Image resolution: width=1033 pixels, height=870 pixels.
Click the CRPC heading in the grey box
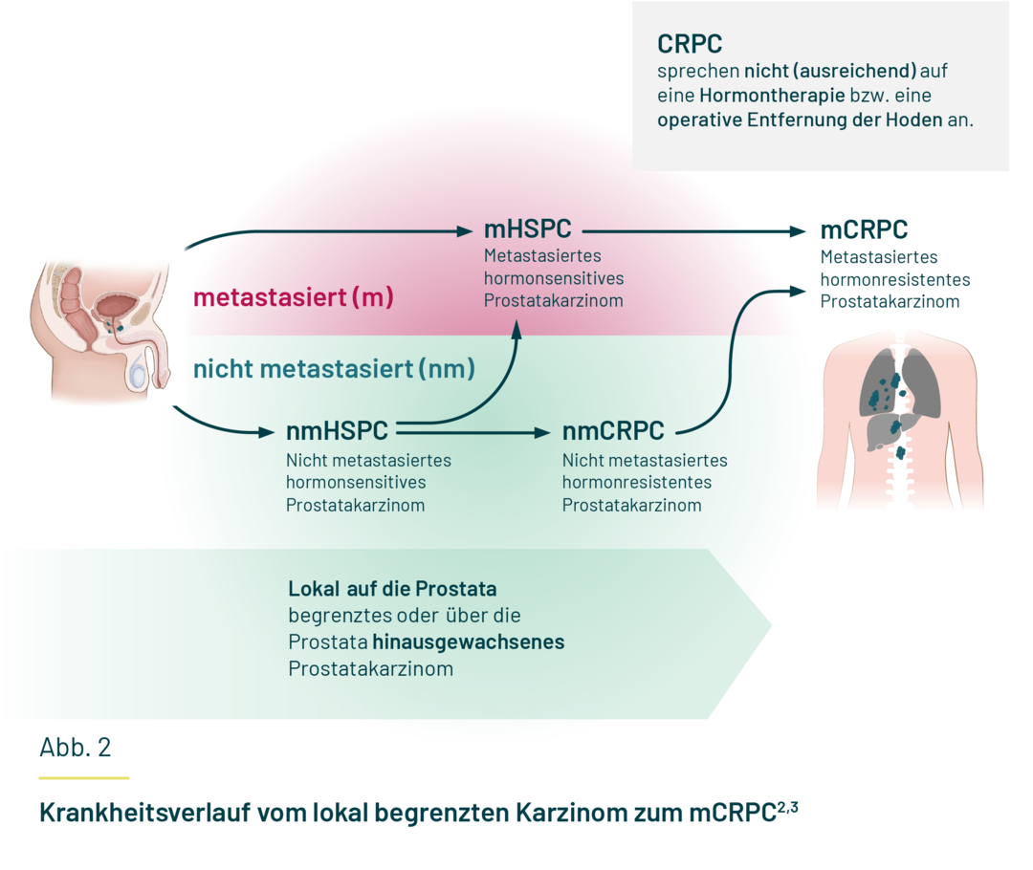click(690, 44)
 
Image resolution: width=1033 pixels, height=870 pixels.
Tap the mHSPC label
click(527, 230)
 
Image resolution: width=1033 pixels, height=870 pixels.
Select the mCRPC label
click(864, 230)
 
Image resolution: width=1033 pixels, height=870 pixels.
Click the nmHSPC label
click(337, 432)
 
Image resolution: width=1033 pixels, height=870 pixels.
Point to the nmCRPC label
click(613, 432)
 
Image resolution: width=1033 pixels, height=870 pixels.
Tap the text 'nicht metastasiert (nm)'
click(334, 369)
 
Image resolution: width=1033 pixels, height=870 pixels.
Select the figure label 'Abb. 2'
click(81, 747)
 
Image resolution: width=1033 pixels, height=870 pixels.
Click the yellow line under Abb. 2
click(84, 777)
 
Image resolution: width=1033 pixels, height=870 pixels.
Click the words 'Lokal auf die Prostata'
click(392, 588)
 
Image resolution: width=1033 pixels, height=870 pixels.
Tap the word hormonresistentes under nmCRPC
click(636, 483)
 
